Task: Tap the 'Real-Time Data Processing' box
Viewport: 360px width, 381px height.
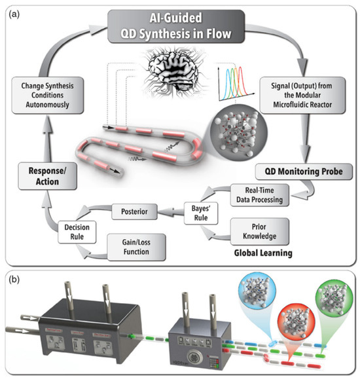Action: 261,193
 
